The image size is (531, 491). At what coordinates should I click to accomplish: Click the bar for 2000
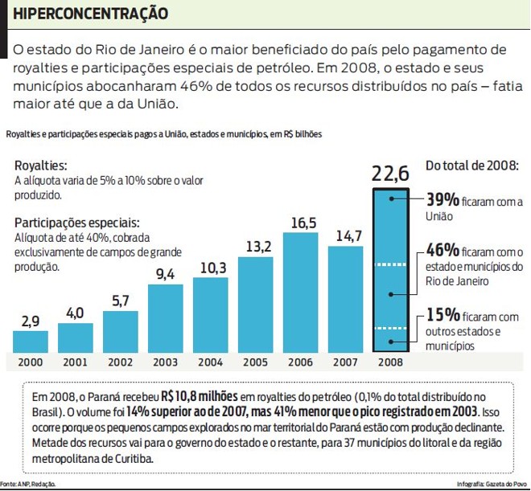click(31, 342)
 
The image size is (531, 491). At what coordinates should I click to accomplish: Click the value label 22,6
click(391, 173)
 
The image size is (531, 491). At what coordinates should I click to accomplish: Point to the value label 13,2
click(257, 247)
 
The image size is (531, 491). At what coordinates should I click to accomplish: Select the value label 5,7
click(121, 301)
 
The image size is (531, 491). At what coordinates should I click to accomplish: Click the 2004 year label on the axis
click(212, 362)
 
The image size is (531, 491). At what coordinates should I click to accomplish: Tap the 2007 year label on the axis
click(347, 362)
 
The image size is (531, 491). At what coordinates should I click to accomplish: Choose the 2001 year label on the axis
click(76, 362)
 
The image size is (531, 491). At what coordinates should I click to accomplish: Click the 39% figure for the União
click(442, 199)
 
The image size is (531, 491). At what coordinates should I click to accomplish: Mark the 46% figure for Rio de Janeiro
click(442, 251)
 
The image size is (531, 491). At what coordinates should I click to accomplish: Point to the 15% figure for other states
click(442, 315)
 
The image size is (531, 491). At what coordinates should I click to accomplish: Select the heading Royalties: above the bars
click(41, 166)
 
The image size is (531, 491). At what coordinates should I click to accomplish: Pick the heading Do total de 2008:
click(472, 166)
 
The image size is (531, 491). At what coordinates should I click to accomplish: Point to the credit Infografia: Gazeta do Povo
click(491, 484)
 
